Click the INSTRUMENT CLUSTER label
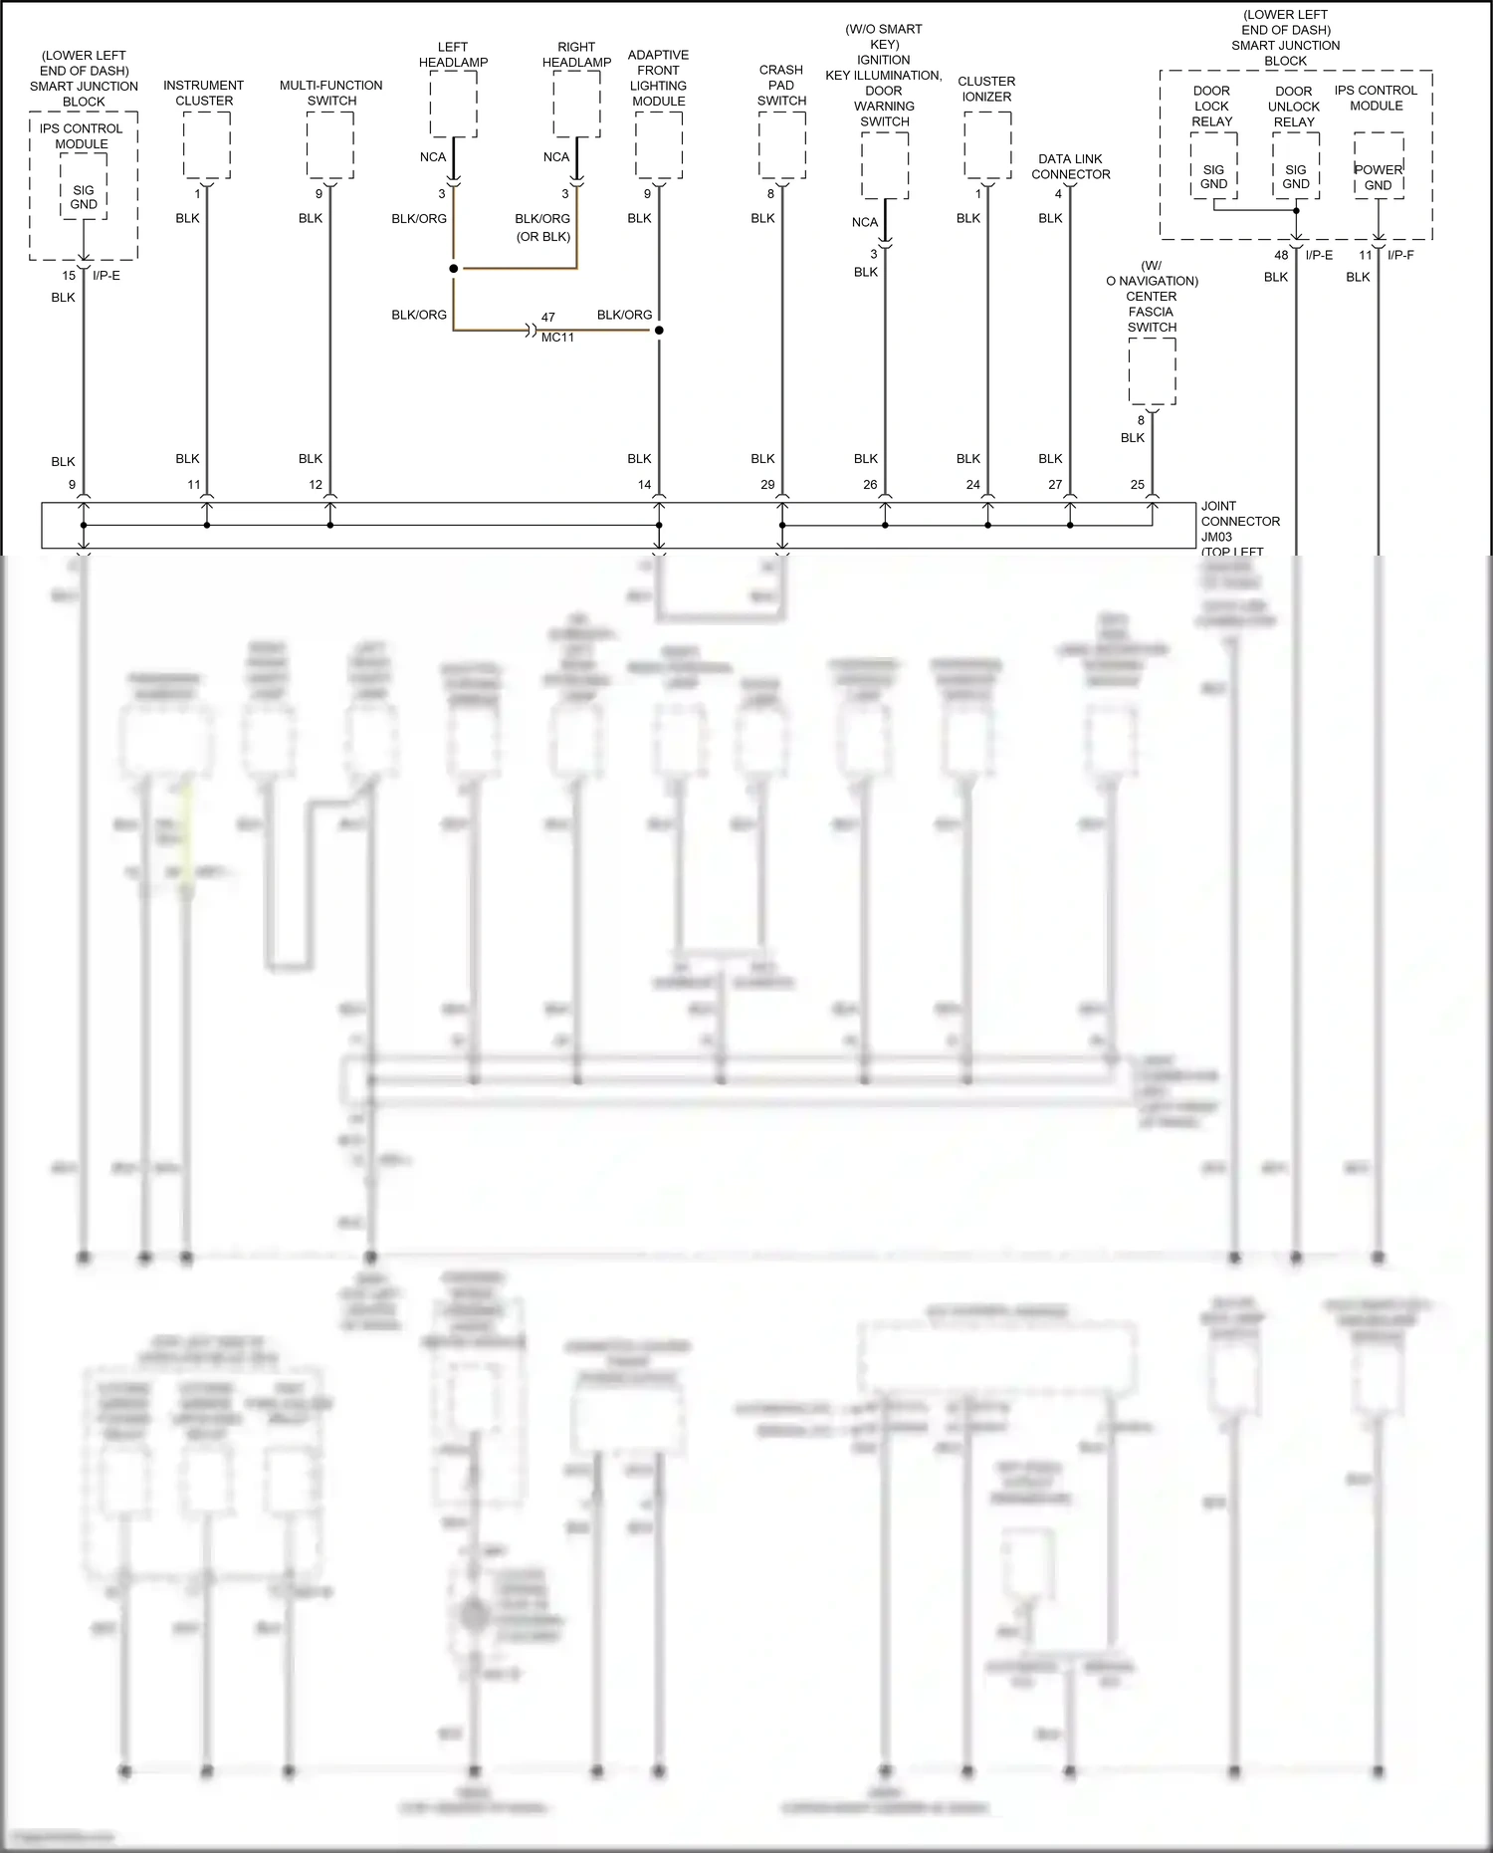(x=204, y=93)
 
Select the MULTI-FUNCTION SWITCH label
(x=330, y=93)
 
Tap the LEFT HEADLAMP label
(x=453, y=55)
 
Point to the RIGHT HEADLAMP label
(x=576, y=55)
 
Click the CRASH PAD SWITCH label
(x=781, y=85)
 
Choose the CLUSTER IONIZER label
(x=986, y=89)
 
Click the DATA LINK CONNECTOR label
(x=1070, y=166)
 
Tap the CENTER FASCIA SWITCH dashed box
(x=1152, y=370)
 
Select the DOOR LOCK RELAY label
(x=1211, y=106)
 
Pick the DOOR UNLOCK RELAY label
(x=1294, y=107)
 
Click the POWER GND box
(x=1379, y=177)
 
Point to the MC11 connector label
(x=557, y=338)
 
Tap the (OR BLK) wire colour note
(x=543, y=237)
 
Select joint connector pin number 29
(x=767, y=485)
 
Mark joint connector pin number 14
(x=644, y=485)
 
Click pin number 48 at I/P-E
(x=1281, y=255)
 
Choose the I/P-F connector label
(x=1400, y=255)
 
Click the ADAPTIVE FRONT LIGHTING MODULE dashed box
(x=659, y=145)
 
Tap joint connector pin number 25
(x=1138, y=485)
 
